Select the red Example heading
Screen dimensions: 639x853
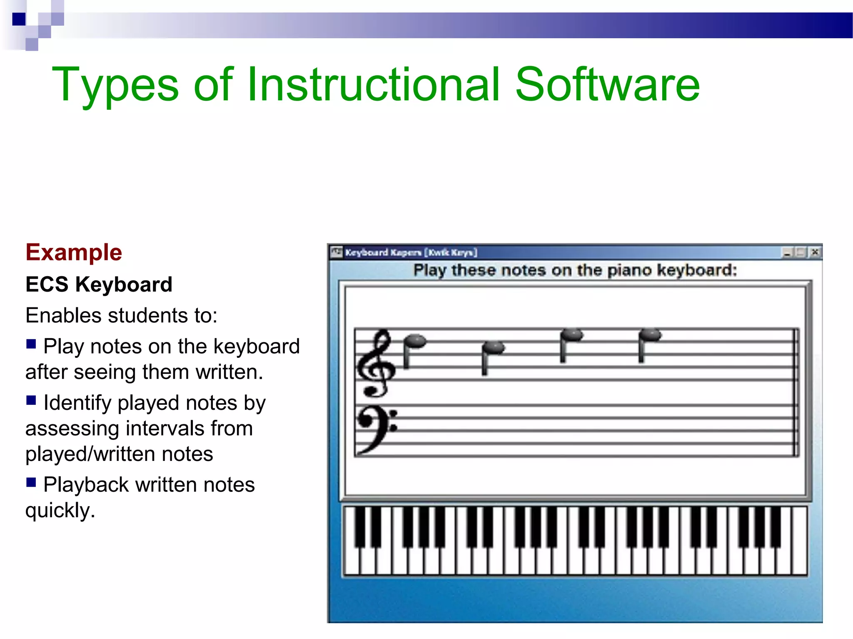click(x=74, y=253)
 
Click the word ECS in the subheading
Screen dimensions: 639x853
click(x=47, y=285)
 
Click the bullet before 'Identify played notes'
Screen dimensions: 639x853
click(x=31, y=400)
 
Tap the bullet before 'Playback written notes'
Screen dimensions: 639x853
click(x=31, y=482)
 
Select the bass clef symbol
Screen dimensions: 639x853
click(x=375, y=428)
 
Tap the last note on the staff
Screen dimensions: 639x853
click(x=650, y=335)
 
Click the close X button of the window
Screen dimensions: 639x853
click(x=815, y=252)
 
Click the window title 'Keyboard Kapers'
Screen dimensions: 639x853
click(x=383, y=253)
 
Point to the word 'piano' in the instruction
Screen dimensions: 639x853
click(x=629, y=270)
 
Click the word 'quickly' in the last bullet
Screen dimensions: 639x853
click(x=60, y=510)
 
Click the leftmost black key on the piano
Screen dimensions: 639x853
click(x=360, y=526)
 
